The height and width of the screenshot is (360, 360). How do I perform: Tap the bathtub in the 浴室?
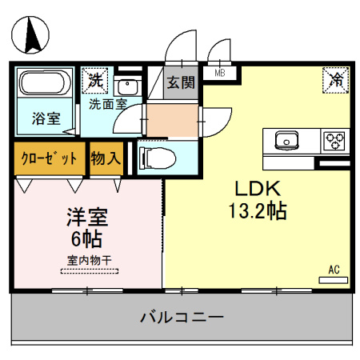(45, 87)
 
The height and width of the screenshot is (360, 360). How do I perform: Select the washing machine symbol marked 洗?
(95, 80)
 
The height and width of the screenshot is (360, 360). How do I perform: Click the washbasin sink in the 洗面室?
(127, 86)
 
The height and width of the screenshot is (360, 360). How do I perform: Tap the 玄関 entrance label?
(180, 81)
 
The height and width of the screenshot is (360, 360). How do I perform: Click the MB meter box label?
(218, 73)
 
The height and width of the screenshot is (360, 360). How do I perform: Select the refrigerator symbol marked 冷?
(336, 80)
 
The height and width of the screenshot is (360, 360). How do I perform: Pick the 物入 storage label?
(105, 158)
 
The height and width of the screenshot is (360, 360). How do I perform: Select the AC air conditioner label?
(334, 270)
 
